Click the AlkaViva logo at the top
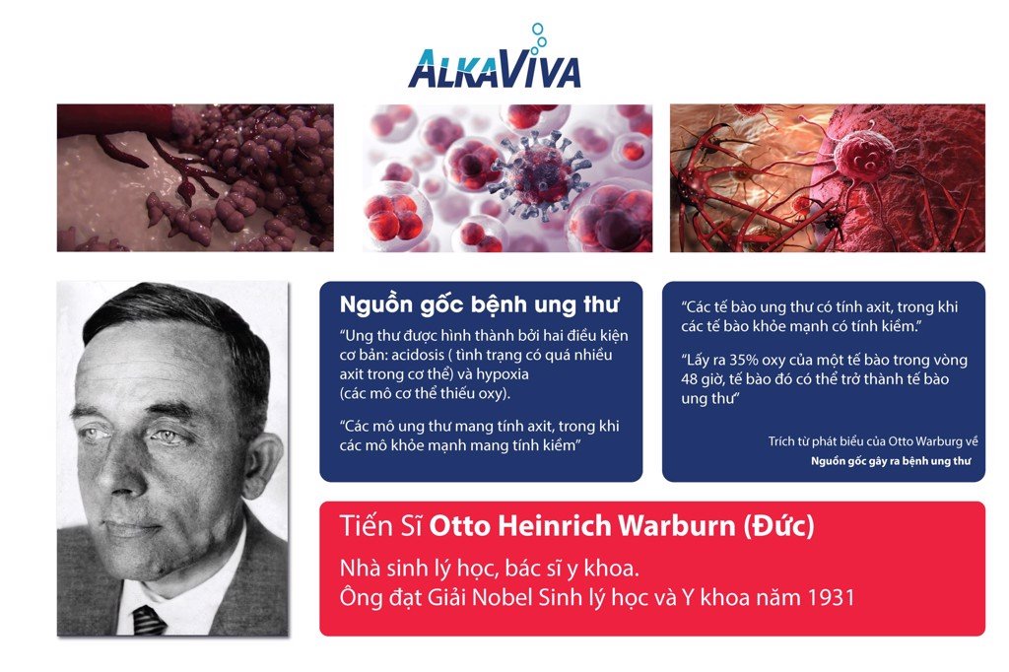pos(495,57)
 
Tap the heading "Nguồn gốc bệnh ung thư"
pos(480,304)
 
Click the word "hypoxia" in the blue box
pos(503,375)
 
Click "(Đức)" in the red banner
pos(778,526)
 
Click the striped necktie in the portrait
pos(149,621)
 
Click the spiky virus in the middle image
pos(540,173)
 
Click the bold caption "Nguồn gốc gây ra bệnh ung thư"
pos(891,461)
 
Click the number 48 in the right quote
pos(691,379)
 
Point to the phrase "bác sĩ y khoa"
pos(572,569)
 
